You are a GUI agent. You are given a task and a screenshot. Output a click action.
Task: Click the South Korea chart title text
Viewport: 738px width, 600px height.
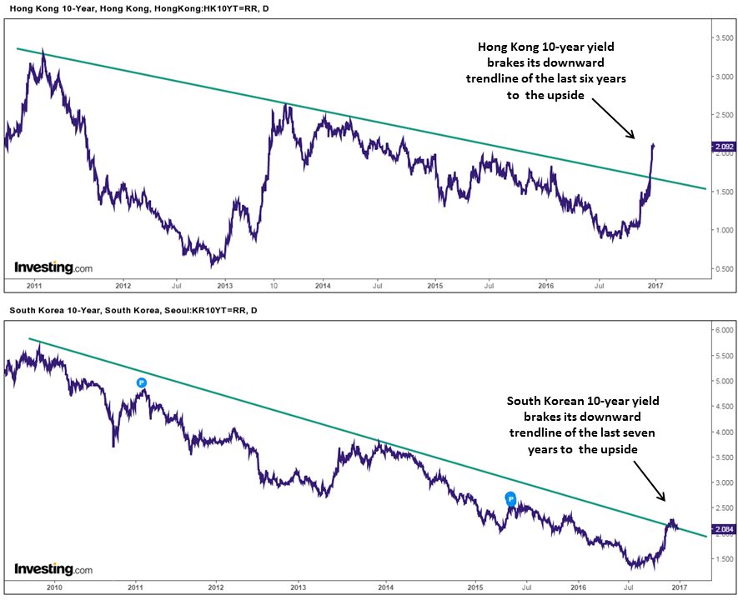pos(133,311)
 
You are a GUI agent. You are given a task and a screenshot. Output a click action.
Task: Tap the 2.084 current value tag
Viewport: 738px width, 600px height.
pos(722,528)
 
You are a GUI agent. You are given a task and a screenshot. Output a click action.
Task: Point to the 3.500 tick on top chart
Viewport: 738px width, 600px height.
pos(722,37)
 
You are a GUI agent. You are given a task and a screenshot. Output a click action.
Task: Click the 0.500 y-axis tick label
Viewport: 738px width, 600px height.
pos(722,269)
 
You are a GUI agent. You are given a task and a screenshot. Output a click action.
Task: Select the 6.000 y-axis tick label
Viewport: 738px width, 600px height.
pos(722,330)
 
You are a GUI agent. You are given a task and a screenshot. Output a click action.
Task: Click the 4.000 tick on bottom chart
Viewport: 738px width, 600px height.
pos(722,432)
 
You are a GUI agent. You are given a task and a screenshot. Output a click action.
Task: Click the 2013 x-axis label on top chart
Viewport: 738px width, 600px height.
pos(223,285)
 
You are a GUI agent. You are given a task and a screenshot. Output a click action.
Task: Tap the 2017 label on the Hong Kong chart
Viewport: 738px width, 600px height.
pos(655,285)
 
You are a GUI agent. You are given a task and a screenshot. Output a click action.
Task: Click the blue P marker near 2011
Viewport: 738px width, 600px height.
pos(142,382)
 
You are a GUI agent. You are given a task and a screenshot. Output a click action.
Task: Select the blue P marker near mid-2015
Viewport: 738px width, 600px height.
pos(511,498)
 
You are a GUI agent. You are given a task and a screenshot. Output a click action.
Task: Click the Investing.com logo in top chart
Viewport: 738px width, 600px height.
pos(53,267)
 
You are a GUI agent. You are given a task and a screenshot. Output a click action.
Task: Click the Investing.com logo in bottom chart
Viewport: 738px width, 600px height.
pos(53,569)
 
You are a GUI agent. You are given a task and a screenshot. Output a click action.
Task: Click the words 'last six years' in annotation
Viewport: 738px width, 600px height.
pos(593,78)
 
